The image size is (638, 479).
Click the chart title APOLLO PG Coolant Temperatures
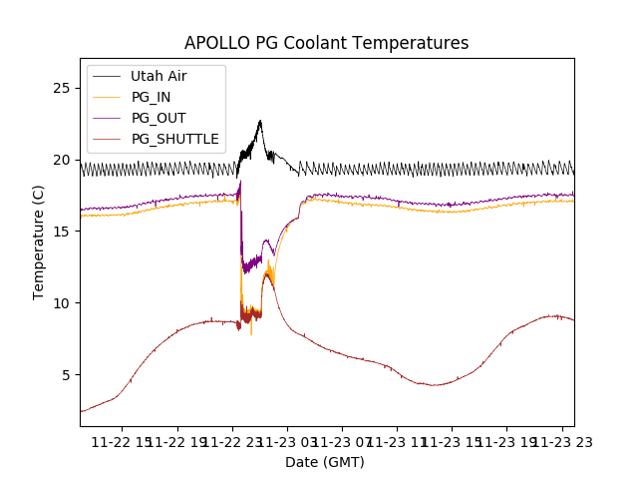click(326, 43)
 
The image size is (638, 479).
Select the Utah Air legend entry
click(159, 76)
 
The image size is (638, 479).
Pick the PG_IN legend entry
click(153, 97)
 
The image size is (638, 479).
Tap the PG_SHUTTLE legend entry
click(174, 139)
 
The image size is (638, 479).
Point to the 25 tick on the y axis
click(61, 88)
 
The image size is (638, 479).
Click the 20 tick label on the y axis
click(61, 160)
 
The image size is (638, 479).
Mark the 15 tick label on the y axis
click(61, 232)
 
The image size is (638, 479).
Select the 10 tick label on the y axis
click(61, 303)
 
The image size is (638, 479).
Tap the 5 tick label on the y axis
click(65, 375)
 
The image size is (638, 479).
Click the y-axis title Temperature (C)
click(39, 241)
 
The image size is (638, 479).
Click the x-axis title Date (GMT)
click(325, 462)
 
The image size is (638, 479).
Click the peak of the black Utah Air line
click(260, 122)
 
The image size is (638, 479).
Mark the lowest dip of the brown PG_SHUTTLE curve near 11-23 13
click(434, 385)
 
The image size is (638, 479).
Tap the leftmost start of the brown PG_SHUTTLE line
click(82, 411)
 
